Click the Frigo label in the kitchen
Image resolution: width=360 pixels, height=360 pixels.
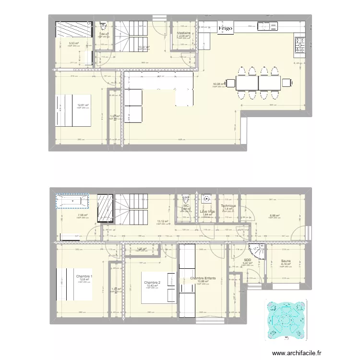pos(225,29)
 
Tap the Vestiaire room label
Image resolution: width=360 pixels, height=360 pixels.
pos(184,33)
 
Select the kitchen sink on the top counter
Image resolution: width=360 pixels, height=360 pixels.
pos(268,26)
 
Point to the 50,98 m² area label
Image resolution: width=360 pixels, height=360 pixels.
pos(219,84)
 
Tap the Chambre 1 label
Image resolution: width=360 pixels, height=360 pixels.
pos(84,276)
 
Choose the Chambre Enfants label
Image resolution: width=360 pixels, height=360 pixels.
pos(205,278)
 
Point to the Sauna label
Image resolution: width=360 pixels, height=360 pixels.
pos(286,262)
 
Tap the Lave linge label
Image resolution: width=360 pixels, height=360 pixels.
pos(207,211)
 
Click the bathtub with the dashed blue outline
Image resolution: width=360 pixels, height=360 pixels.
pos(72,201)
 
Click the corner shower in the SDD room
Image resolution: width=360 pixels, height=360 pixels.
pos(257,251)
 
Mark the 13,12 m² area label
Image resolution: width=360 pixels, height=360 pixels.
pos(163,221)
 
